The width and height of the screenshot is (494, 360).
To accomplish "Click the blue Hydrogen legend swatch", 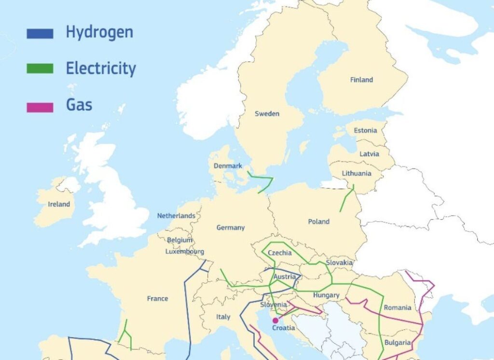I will (40, 33).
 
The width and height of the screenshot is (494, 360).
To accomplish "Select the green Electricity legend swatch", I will (40, 69).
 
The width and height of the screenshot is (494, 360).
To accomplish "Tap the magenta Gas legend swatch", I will (40, 107).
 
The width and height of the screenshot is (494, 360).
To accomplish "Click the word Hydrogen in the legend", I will (99, 32).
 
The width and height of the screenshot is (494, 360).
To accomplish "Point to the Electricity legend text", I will (101, 69).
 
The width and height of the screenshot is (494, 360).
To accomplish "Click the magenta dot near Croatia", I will (275, 320).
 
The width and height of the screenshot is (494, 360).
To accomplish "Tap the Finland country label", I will (361, 80).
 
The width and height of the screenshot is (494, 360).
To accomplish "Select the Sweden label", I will (267, 114).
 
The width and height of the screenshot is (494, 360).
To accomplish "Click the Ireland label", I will (59, 204).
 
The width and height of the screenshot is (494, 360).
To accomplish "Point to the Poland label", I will (318, 222).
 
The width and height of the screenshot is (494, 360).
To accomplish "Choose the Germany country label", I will (230, 227).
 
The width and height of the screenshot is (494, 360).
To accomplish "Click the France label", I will (157, 299).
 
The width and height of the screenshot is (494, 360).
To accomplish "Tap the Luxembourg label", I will (184, 251).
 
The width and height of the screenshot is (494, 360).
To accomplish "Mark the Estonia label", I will (365, 130).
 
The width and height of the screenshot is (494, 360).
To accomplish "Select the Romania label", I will (398, 307).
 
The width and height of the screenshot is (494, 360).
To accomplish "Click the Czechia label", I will (279, 253).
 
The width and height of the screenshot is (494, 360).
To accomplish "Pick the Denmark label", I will (228, 166).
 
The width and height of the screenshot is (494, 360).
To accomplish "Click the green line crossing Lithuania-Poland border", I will (347, 198).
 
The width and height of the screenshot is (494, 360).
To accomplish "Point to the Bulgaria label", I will (398, 343).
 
